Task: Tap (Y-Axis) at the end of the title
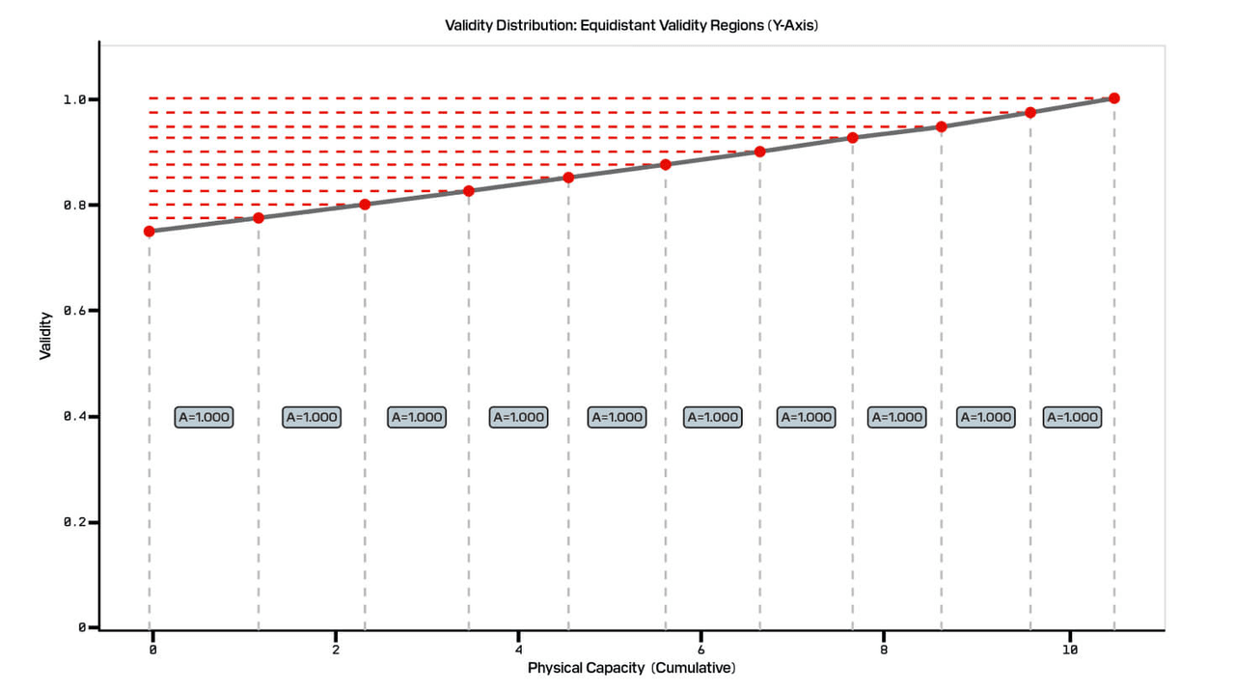793,25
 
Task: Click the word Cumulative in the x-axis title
693,668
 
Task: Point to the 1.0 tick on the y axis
77,99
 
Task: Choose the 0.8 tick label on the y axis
77,206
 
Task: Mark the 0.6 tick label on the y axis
77,311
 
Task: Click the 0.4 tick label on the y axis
77,417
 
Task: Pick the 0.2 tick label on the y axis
77,522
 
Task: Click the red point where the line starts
149,231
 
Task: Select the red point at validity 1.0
1114,98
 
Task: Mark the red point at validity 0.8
365,205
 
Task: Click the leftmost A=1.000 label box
204,417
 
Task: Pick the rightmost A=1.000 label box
1072,417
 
